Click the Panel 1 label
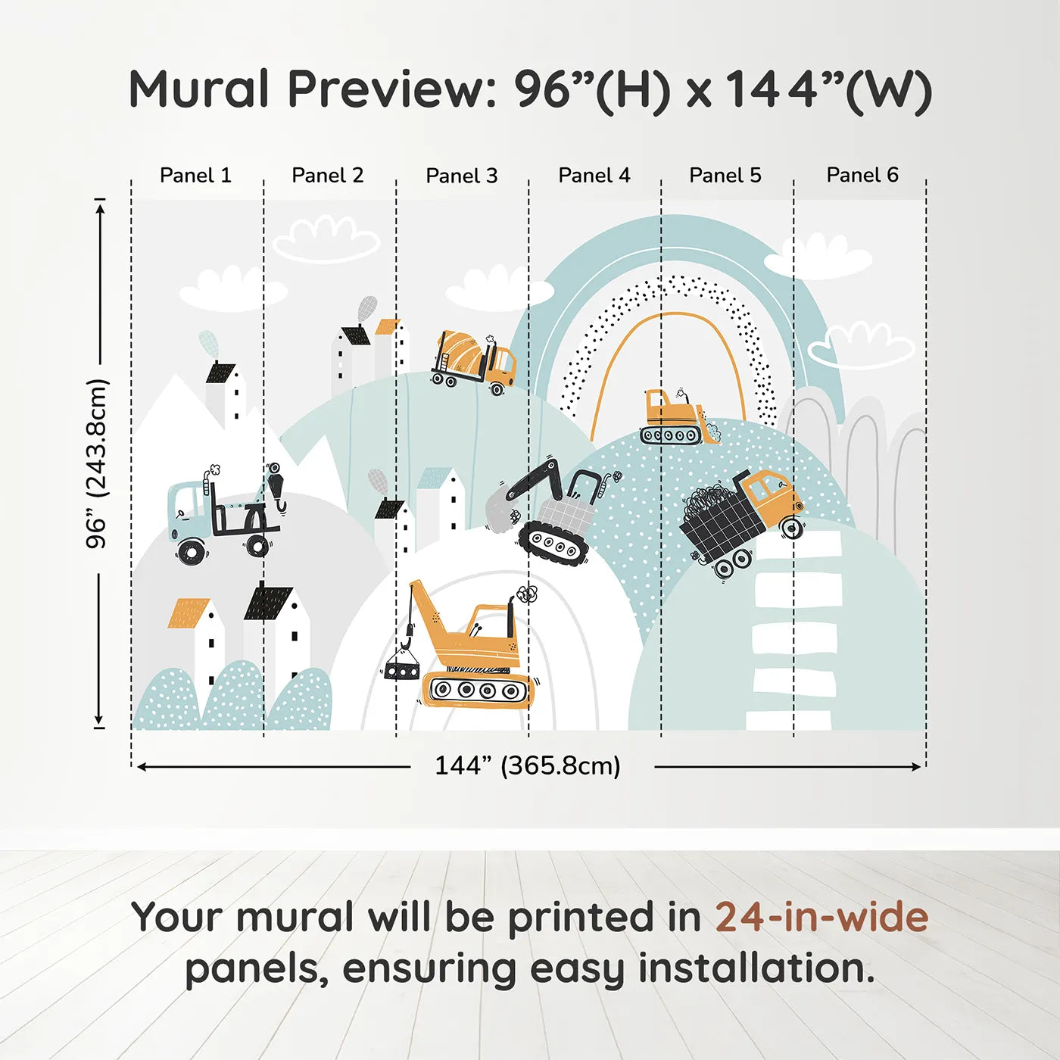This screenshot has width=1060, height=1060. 195,176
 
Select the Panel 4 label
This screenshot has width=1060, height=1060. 594,176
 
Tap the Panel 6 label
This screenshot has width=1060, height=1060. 862,175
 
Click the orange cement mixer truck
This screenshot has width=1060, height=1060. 474,361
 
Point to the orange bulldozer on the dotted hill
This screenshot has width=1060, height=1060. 680,416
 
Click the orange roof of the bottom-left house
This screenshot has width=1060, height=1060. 188,613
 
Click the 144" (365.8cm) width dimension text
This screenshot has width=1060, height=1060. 528,765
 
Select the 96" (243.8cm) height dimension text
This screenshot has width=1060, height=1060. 97,463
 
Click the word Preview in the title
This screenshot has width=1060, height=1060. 392,89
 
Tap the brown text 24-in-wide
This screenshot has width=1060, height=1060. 821,917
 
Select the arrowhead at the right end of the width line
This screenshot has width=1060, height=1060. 916,767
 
